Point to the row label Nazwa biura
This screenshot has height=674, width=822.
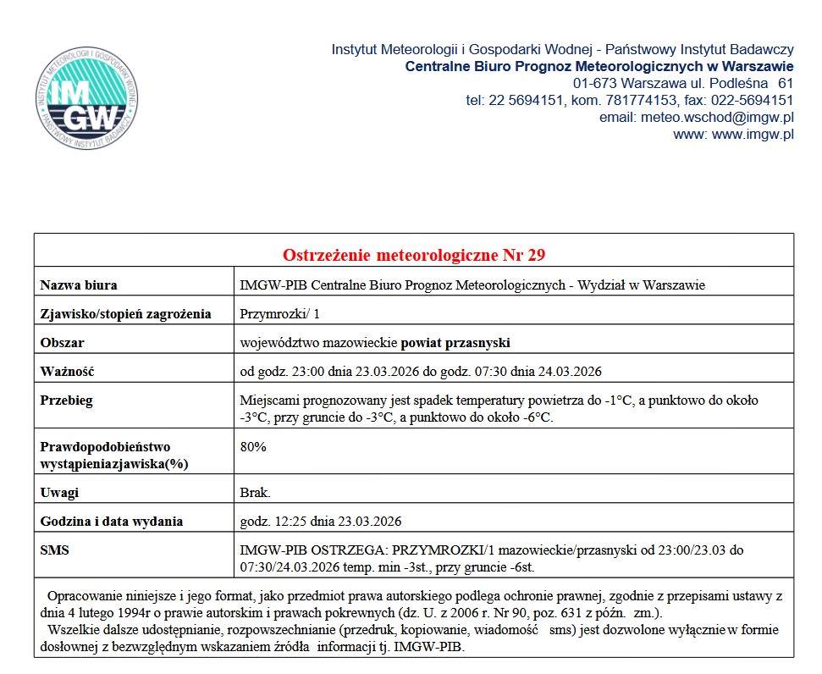pos(79,285)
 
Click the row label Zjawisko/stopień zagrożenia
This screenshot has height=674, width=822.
pos(125,314)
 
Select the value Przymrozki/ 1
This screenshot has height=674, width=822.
pos(280,314)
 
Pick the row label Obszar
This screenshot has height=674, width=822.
pos(63,343)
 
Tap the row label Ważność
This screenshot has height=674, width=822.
pos(67,372)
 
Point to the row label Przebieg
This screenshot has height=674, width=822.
pos(67,401)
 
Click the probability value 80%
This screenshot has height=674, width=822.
pos(253,447)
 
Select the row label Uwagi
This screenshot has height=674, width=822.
pos(58,492)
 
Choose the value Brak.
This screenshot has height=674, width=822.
pos(256,492)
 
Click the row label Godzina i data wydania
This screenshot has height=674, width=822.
pos(112,521)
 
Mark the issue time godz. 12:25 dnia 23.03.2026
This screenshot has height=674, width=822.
pos(321,521)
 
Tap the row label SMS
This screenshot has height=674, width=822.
pos(55,550)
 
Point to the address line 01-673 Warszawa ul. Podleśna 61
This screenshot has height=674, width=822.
pos(682,83)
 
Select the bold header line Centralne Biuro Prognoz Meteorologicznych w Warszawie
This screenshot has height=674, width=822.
pos(599,66)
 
